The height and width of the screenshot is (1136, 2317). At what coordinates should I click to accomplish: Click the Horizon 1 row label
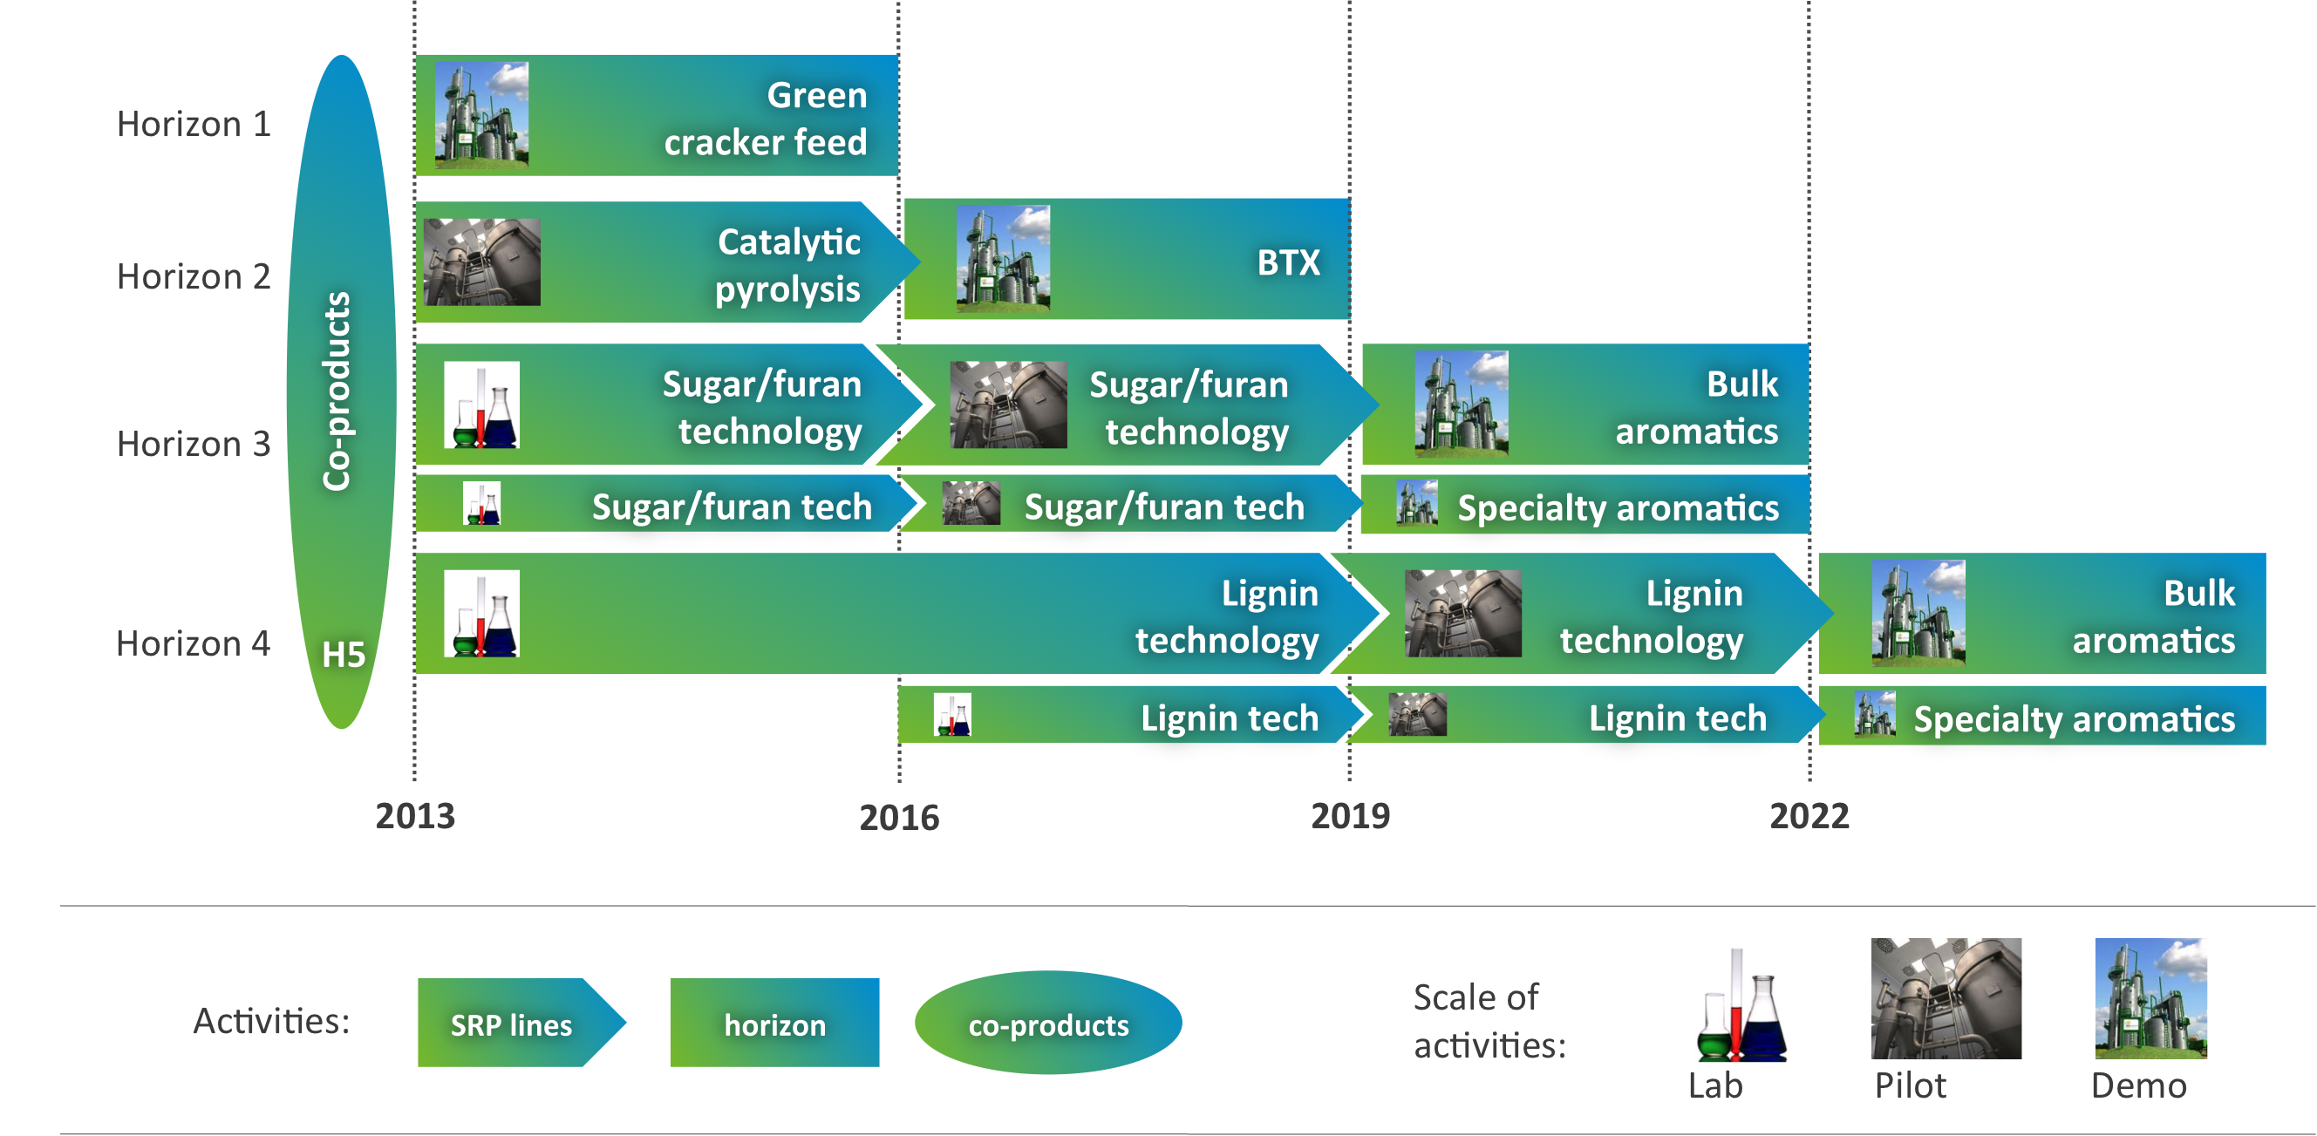pos(194,124)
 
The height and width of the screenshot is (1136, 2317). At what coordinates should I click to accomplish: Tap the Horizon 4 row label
pos(194,644)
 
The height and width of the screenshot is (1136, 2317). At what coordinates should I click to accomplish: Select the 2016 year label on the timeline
pos(898,818)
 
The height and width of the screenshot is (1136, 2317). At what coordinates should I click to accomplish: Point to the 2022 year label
pos(1809,816)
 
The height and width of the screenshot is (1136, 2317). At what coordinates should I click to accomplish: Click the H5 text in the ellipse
pos(344,655)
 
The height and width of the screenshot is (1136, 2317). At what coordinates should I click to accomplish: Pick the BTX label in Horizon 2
pos(1288,262)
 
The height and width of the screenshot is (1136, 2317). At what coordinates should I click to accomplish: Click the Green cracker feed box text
pos(766,119)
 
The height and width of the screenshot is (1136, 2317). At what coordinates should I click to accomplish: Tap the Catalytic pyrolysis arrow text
pos(788,265)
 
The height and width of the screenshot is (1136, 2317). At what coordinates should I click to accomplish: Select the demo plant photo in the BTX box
pos(1003,258)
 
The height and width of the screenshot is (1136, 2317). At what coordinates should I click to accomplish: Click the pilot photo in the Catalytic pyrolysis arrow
pos(482,262)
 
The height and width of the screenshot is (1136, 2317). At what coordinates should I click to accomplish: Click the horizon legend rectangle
pos(774,1023)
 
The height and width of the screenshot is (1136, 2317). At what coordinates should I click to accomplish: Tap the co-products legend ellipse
pos(1048,1023)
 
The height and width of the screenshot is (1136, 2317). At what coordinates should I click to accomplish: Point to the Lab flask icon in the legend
pos(1741,1005)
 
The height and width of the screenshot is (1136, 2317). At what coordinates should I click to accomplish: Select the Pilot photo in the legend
pos(1946,998)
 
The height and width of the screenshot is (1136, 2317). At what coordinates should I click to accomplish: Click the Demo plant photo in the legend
pos(2151,998)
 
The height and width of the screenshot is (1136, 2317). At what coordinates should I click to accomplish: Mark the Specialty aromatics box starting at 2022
pos(2041,716)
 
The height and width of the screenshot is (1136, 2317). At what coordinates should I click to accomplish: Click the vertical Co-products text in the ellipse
pos(337,391)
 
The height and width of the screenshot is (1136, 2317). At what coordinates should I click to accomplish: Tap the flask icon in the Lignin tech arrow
pos(951,715)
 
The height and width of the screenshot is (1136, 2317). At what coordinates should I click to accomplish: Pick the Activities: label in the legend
pos(271,1022)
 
